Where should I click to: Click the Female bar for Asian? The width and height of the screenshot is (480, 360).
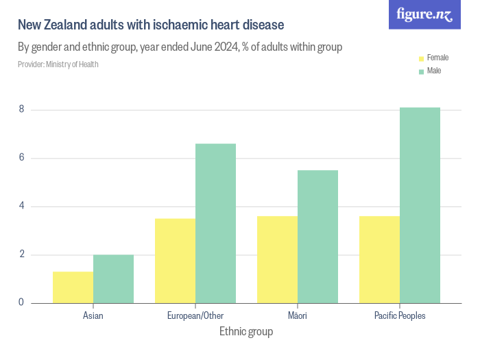pos(73,287)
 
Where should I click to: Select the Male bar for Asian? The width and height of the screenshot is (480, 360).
pos(113,279)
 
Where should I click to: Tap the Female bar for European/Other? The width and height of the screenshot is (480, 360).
pos(175,261)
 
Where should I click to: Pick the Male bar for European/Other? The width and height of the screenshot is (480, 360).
pos(215,224)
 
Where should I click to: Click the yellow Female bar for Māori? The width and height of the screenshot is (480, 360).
pos(277,259)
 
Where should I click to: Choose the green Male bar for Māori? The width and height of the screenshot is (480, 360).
pos(317,237)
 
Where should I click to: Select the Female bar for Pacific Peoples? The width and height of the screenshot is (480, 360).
pos(379,259)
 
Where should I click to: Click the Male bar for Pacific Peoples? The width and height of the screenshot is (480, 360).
pos(420,205)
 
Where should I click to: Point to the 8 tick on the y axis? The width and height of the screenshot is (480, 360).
pos(21,109)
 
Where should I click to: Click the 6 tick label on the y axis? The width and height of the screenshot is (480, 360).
pos(21,158)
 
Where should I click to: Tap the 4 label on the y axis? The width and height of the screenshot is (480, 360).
pos(21,206)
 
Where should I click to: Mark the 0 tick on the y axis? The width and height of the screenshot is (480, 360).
pos(21,302)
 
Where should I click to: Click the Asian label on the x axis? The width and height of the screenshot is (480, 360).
pos(93,316)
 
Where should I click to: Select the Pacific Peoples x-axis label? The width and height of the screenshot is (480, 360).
pos(400,316)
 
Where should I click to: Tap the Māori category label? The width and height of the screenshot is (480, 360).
pos(298,316)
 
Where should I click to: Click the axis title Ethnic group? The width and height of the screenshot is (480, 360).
pos(246,333)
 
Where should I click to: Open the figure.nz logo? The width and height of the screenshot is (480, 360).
pos(425,15)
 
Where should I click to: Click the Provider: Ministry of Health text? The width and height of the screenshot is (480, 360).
pos(58,64)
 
